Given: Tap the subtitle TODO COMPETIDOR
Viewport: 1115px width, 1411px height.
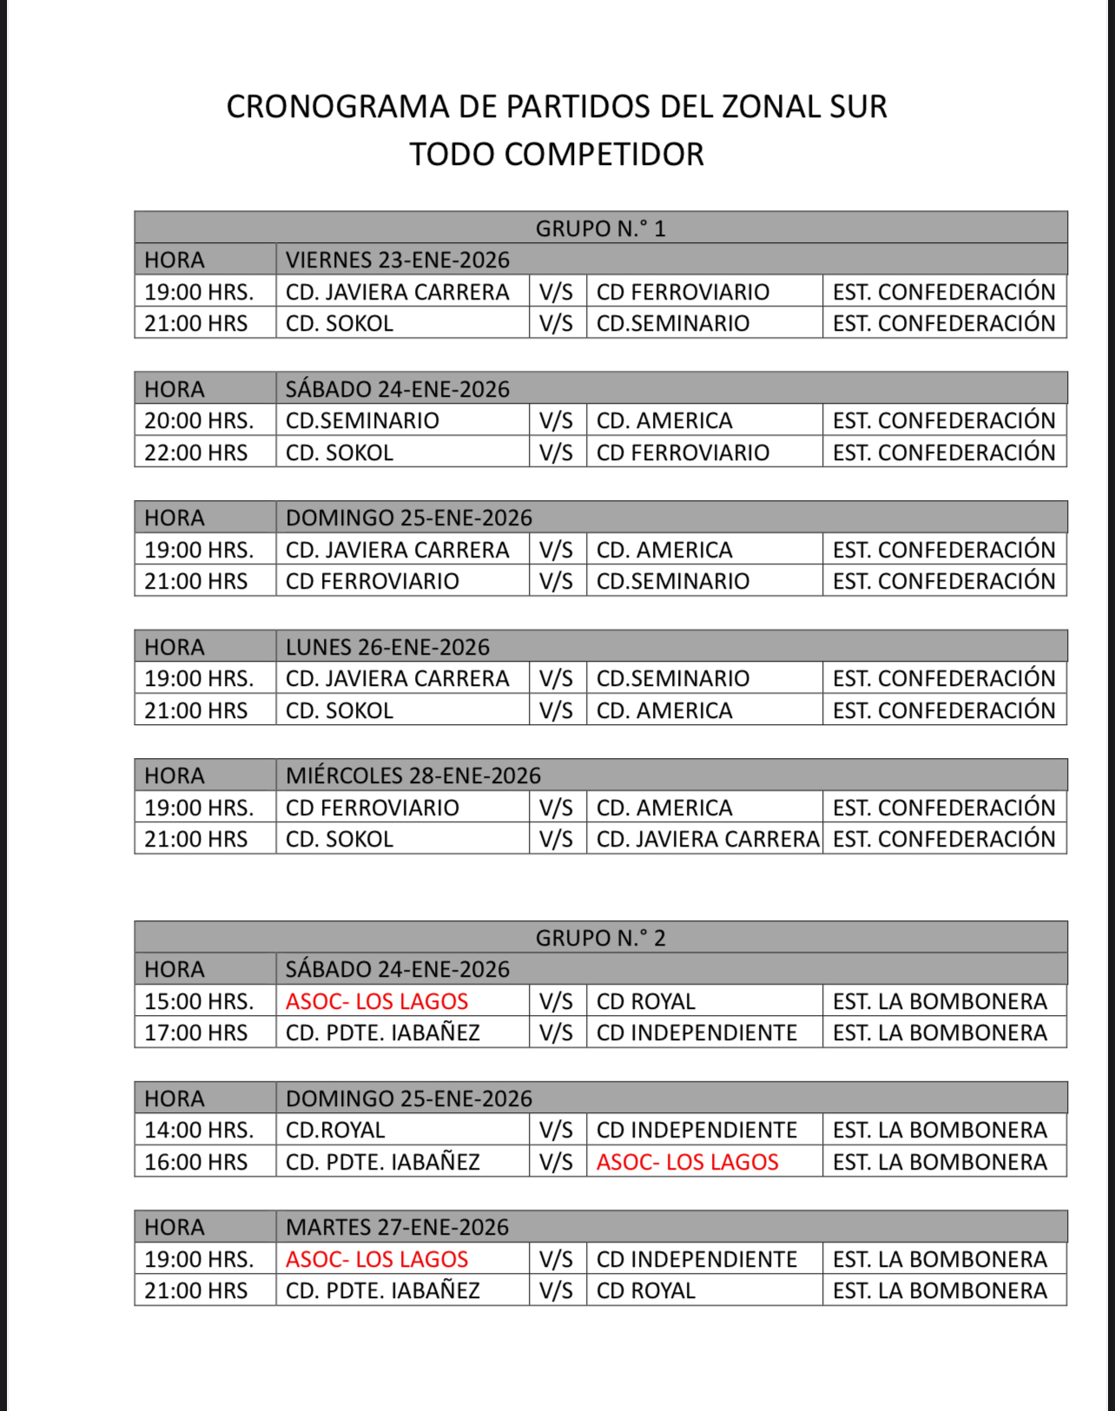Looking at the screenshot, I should [557, 155].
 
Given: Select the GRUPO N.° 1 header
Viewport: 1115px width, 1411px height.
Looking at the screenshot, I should [600, 228].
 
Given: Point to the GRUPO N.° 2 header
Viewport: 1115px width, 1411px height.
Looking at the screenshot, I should [600, 938].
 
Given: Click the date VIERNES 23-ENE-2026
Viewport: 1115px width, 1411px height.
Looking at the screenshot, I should [398, 260].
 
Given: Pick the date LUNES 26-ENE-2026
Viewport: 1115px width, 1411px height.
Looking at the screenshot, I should [387, 647].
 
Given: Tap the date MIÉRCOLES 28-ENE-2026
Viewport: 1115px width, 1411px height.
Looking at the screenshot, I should [413, 775].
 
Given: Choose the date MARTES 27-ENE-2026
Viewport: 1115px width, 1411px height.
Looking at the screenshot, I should [398, 1227].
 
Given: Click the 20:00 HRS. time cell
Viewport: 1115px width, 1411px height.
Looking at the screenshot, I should [199, 421].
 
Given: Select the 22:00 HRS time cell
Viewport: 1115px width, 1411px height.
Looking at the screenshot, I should [196, 452].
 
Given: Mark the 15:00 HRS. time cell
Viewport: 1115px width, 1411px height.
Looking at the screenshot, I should [199, 1001].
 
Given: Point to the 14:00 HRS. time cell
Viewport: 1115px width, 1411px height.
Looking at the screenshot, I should [199, 1130].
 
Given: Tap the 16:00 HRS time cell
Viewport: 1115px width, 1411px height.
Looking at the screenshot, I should [196, 1162].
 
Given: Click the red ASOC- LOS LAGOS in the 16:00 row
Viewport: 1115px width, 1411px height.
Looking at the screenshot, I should [687, 1162].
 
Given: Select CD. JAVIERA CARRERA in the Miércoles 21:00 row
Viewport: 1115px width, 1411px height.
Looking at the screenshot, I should [707, 839].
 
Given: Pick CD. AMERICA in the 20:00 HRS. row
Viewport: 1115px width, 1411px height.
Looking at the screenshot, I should [664, 421].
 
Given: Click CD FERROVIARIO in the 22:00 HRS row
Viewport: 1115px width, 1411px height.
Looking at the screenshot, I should [683, 452].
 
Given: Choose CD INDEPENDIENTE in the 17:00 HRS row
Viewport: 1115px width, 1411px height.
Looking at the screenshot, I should [696, 1032].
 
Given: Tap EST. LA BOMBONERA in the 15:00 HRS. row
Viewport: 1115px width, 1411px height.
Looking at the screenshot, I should [940, 1001].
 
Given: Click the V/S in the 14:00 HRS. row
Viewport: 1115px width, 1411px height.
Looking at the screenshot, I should [556, 1130].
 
